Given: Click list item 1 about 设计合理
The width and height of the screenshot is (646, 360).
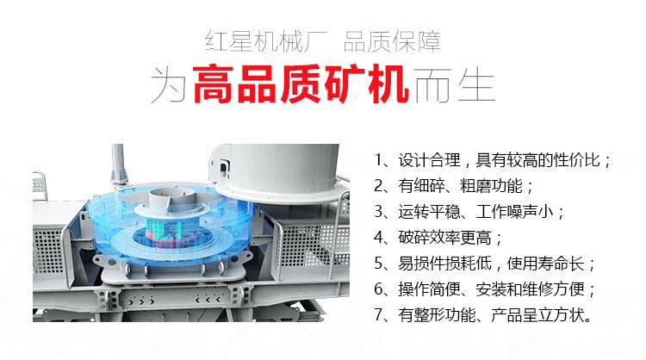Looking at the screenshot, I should (494, 161).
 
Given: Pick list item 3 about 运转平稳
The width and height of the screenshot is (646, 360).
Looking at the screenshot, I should (470, 212).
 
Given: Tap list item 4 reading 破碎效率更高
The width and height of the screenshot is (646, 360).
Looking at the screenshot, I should (439, 238).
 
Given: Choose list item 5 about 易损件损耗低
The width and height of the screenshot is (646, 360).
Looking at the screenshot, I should (486, 264).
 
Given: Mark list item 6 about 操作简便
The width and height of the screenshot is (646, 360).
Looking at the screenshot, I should (486, 289).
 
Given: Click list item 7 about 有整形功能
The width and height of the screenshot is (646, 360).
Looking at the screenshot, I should (483, 315).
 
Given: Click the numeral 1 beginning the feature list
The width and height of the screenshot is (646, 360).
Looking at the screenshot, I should (380, 161).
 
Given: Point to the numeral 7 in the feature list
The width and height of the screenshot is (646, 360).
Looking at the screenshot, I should (380, 315).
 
